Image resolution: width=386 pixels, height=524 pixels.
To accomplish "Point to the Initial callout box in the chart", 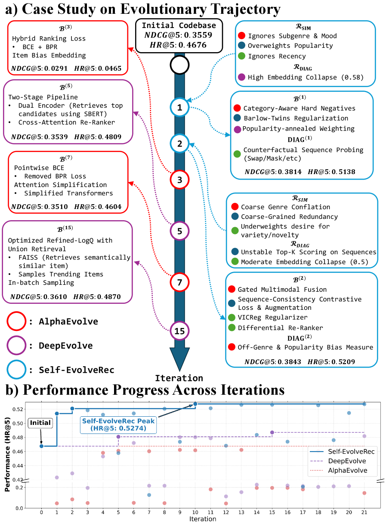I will point(40,423).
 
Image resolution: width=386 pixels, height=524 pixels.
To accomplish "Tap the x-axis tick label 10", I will point(195,513).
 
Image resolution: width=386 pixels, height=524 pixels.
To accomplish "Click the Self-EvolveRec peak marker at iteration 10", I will point(195,404).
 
